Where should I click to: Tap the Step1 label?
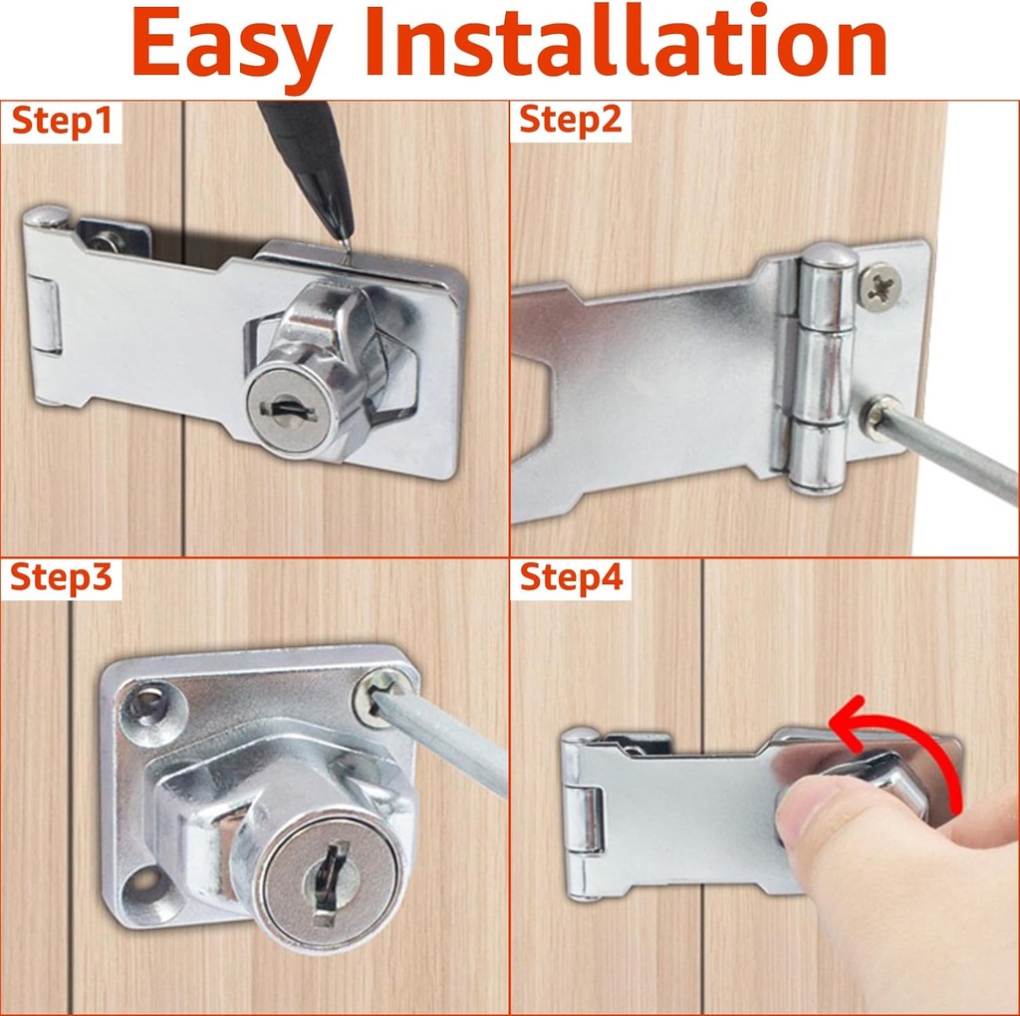click(x=61, y=123)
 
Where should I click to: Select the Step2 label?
click(x=571, y=122)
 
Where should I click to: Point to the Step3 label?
click(x=61, y=579)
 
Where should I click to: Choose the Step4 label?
click(x=571, y=578)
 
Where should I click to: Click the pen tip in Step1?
click(x=345, y=242)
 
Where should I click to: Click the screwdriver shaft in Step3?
click(x=454, y=739)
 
